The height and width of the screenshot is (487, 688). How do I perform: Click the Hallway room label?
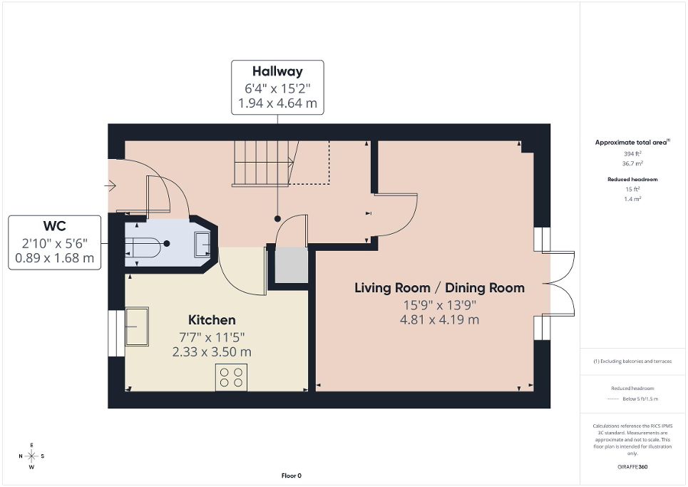coord(277,71)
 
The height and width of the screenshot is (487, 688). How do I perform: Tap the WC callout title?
coord(55,226)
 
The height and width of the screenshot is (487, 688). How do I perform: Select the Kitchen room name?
coord(212,320)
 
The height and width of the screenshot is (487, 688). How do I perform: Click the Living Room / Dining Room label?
coord(439,288)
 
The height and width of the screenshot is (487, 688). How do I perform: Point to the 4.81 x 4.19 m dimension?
coord(439,319)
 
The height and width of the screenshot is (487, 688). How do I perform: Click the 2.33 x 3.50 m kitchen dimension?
coord(212,352)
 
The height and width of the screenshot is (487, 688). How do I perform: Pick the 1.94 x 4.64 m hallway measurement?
coord(277,103)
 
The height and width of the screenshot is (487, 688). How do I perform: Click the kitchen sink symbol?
coord(137,327)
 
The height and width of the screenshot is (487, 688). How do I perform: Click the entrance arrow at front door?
coord(110,186)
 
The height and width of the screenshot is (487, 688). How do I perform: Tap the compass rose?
coord(31,456)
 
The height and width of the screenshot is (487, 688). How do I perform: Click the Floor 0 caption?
coord(292,476)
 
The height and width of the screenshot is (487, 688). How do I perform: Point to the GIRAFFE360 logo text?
coord(633,466)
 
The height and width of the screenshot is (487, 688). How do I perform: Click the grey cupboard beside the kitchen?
coord(290,265)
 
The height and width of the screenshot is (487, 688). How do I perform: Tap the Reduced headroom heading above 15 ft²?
coord(632,180)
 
